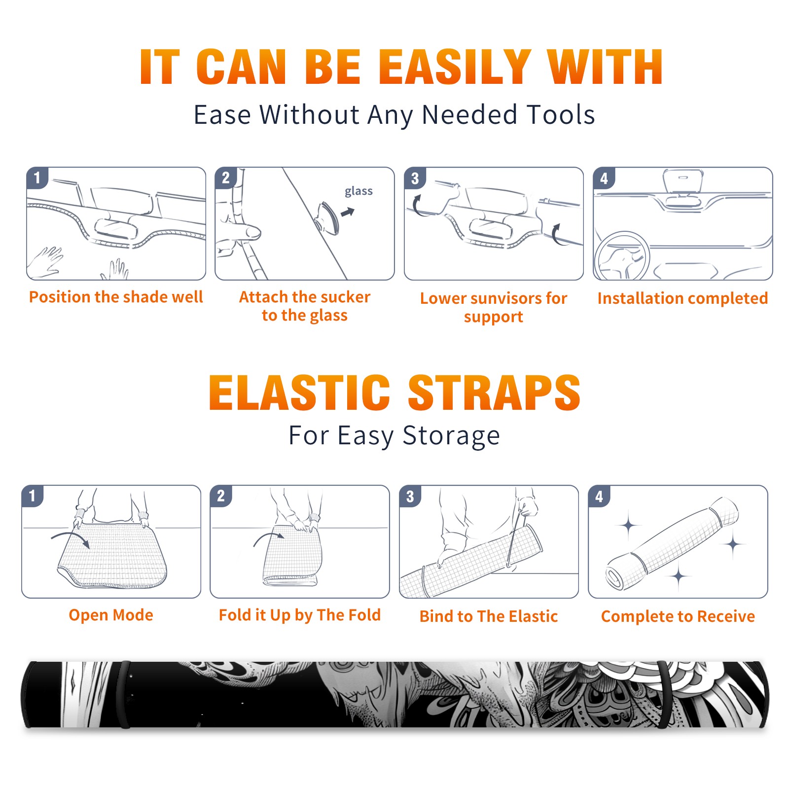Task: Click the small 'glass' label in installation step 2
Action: click(359, 191)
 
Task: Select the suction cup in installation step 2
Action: click(327, 217)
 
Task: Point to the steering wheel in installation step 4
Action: click(622, 256)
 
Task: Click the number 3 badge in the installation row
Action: click(415, 179)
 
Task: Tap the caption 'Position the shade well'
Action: click(116, 297)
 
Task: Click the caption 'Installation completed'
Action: click(682, 298)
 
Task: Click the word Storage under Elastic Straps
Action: click(451, 436)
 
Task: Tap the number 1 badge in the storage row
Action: click(33, 496)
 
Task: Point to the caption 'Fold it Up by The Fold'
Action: click(300, 615)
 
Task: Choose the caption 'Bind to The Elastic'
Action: click(489, 616)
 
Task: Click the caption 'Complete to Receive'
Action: click(678, 616)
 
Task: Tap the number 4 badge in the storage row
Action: click(599, 496)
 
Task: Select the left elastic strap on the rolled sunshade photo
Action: click(124, 695)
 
